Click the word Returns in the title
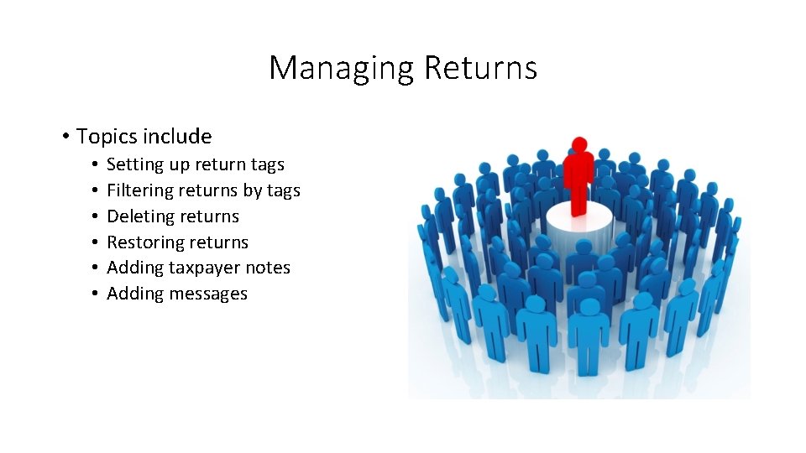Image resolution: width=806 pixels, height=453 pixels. point(480,67)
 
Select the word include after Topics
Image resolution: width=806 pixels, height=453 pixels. point(177,136)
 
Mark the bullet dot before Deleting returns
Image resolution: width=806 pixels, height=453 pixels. point(97,217)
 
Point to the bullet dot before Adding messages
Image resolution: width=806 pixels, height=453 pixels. point(97,294)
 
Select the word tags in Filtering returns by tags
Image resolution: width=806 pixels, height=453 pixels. point(283,191)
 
